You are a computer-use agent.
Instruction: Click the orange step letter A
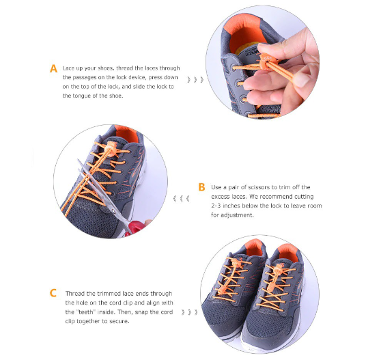click(53, 69)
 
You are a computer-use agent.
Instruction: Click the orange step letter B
click(201, 186)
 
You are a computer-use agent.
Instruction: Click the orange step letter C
click(53, 293)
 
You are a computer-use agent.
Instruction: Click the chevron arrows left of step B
click(180, 198)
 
